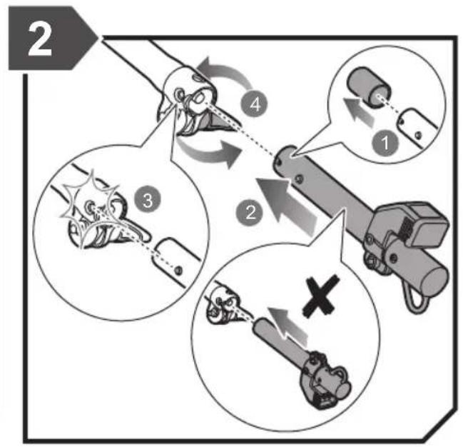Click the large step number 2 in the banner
[x=40, y=40]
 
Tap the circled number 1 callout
[x=385, y=144]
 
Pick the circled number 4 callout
[x=255, y=104]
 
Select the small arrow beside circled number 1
[x=358, y=111]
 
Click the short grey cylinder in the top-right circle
[x=369, y=86]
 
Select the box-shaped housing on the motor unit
[x=425, y=225]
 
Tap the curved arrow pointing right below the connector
[x=210, y=152]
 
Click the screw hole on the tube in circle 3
[x=178, y=270]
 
